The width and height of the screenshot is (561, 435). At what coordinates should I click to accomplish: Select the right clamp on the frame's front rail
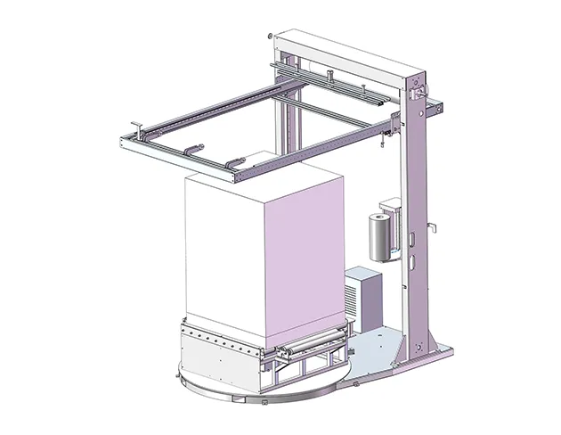[x=234, y=163]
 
